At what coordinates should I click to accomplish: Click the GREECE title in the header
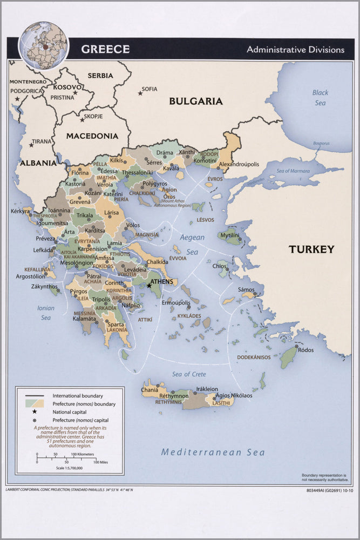pyautogui.click(x=105, y=49)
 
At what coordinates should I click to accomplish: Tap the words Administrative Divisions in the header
pyautogui.click(x=295, y=50)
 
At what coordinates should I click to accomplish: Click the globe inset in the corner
pyautogui.click(x=44, y=46)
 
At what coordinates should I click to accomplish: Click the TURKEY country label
pyautogui.click(x=311, y=249)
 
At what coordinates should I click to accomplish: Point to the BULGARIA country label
pyautogui.click(x=195, y=101)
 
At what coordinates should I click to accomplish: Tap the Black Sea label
pyautogui.click(x=320, y=97)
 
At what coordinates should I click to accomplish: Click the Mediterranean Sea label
pyautogui.click(x=213, y=452)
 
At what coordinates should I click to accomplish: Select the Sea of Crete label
pyautogui.click(x=188, y=374)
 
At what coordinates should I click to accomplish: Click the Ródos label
pyautogui.click(x=305, y=350)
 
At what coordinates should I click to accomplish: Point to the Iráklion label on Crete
pyautogui.click(x=207, y=389)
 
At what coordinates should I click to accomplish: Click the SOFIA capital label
pyautogui.click(x=150, y=89)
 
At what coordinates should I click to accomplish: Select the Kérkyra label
pyautogui.click(x=21, y=211)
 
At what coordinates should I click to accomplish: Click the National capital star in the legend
pyautogui.click(x=35, y=411)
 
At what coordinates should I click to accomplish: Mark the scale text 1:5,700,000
pyautogui.click(x=69, y=468)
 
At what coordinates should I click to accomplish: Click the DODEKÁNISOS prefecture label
pyautogui.click(x=254, y=357)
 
